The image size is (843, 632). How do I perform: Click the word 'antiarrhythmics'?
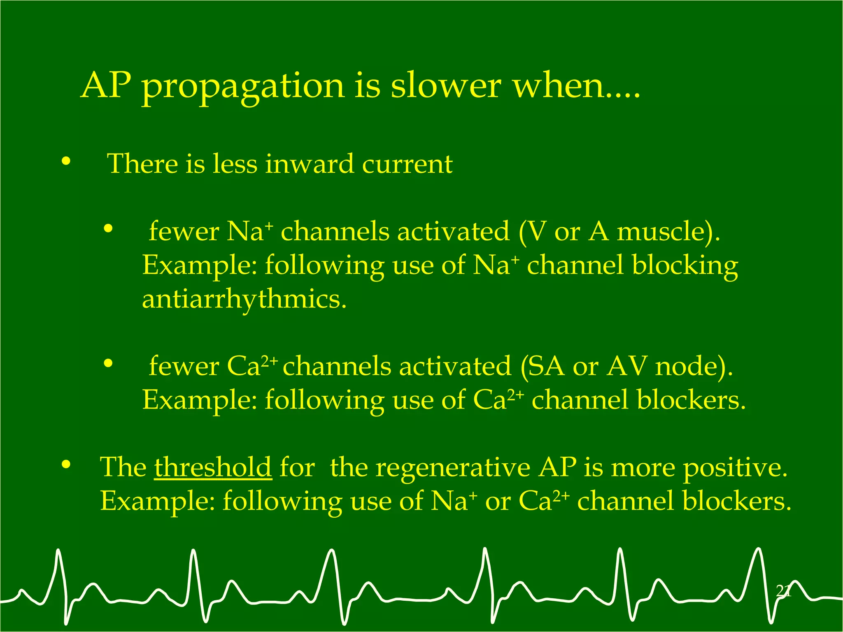pos(244,300)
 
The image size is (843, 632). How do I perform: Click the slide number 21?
pos(783,591)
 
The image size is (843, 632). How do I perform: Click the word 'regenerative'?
pos(453,468)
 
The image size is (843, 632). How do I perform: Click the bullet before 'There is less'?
pos(66,162)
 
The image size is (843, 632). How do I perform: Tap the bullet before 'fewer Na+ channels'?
pos(108,228)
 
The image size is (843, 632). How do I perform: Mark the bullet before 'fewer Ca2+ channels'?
pos(108,363)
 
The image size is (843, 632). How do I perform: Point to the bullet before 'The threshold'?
pos(66,465)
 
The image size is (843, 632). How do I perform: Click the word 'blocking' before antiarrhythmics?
pos(685,265)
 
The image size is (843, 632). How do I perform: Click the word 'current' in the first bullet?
pos(407,164)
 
